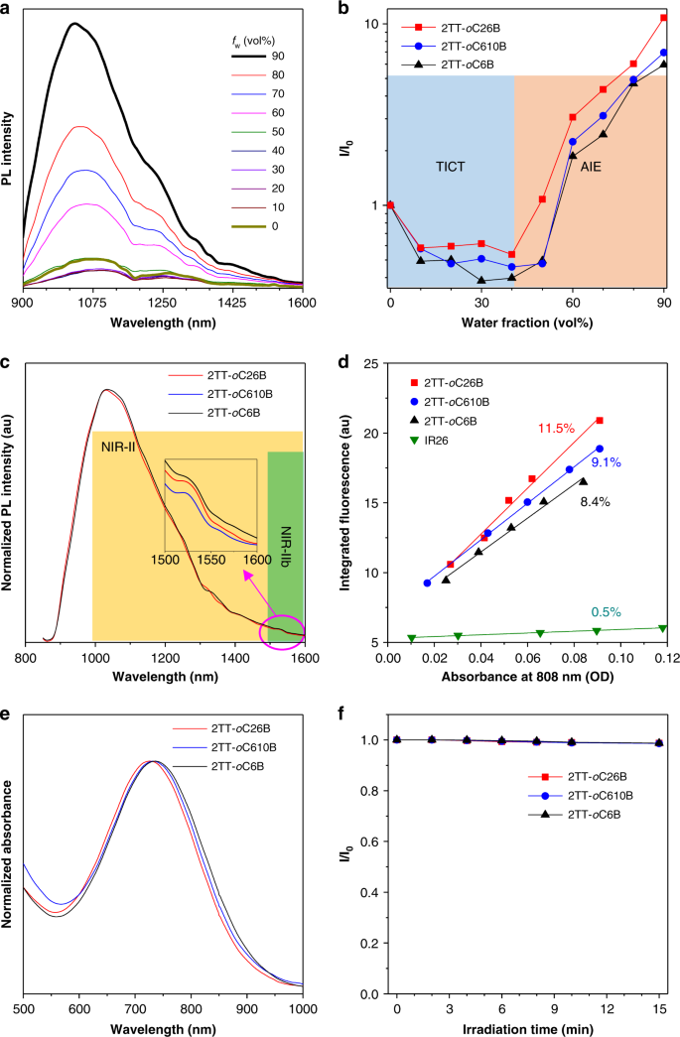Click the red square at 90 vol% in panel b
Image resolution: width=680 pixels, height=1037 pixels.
point(664,18)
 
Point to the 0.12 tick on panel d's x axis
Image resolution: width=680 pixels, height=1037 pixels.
point(663,657)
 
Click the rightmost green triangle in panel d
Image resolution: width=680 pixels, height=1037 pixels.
point(662,627)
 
